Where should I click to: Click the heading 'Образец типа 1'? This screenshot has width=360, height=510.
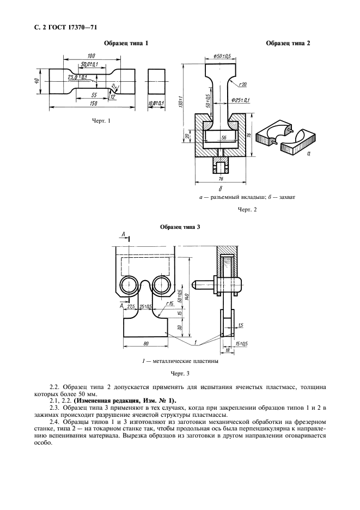click(x=126, y=42)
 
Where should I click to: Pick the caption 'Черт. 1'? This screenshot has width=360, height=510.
click(x=101, y=121)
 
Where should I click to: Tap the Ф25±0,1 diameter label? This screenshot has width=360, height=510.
click(x=240, y=100)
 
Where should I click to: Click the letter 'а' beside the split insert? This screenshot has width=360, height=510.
click(x=309, y=154)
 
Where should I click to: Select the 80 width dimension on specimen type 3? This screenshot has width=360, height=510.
click(x=146, y=344)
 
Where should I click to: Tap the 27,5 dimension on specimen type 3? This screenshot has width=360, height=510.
click(x=131, y=307)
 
